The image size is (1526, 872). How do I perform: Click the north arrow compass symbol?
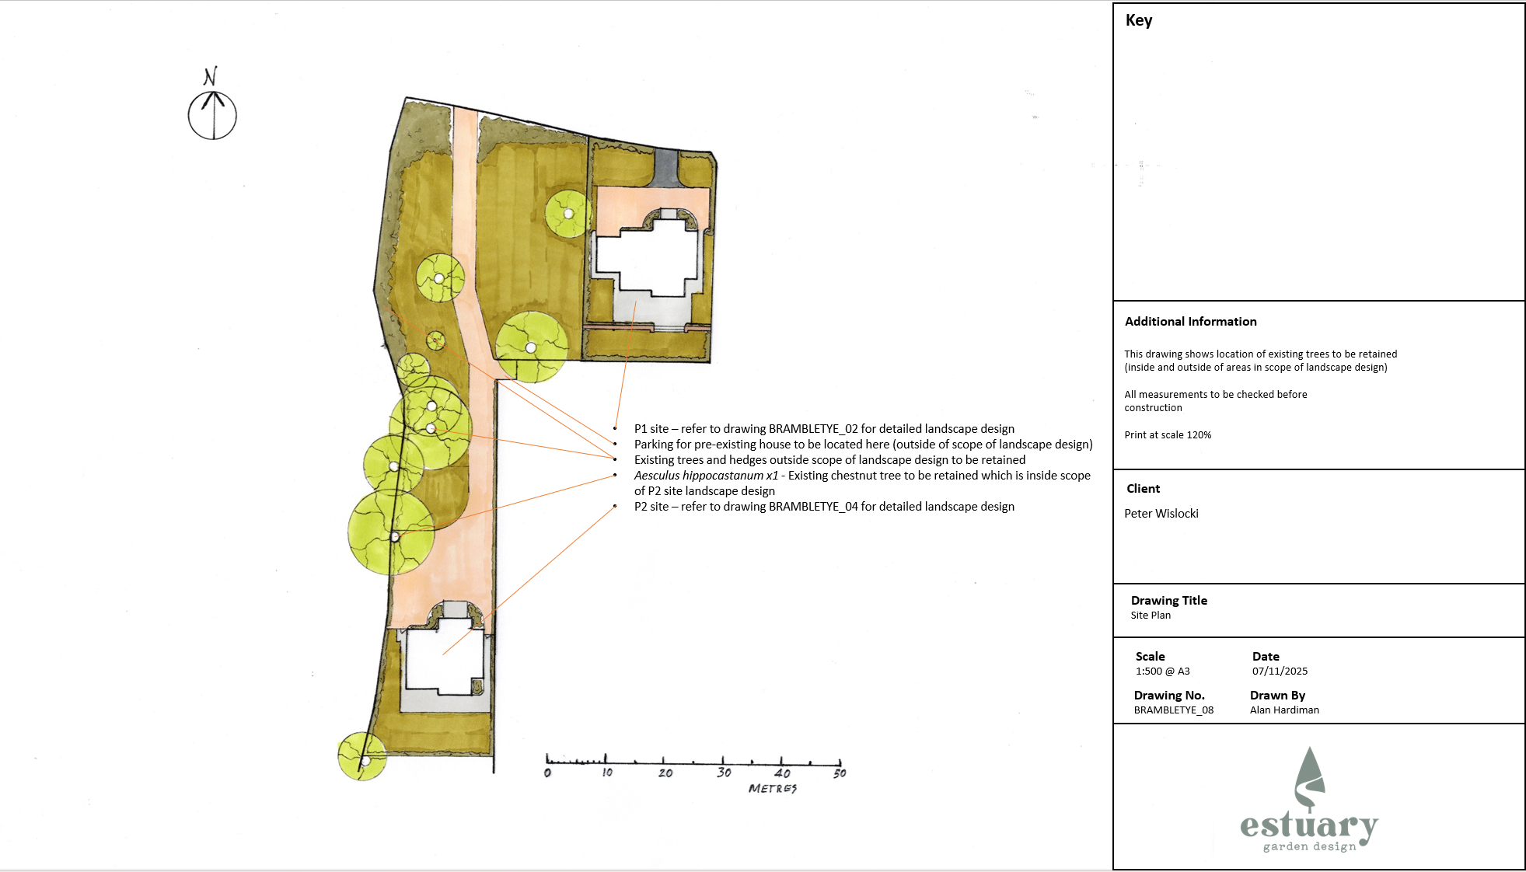click(x=212, y=114)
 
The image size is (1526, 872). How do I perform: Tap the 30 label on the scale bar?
click(x=724, y=773)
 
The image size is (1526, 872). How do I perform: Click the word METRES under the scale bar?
click(x=772, y=788)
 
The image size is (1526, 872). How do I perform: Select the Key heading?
click(x=1138, y=20)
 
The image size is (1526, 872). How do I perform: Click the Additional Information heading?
click(x=1190, y=322)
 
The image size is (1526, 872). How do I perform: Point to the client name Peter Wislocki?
click(x=1161, y=514)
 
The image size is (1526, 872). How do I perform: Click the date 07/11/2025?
click(x=1280, y=671)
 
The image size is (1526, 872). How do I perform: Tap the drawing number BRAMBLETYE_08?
click(x=1173, y=710)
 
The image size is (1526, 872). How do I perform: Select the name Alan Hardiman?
click(x=1284, y=710)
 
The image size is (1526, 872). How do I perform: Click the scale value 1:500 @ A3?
click(x=1162, y=671)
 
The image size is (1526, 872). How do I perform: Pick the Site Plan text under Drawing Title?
click(x=1151, y=616)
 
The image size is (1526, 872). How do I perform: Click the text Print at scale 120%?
click(x=1168, y=435)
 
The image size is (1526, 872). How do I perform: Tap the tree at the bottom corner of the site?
click(x=362, y=756)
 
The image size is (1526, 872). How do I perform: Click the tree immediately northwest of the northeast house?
click(x=568, y=214)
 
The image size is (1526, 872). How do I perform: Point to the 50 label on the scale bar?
click(x=840, y=773)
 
